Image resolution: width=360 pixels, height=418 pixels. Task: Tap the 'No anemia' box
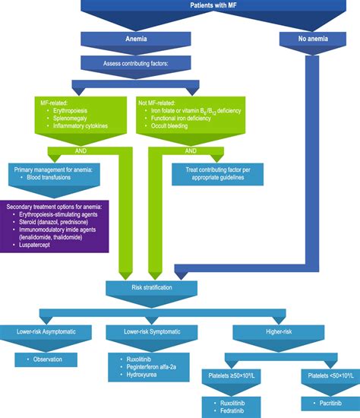coord(309,38)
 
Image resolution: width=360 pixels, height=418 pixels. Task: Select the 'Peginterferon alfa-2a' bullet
coord(149,366)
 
